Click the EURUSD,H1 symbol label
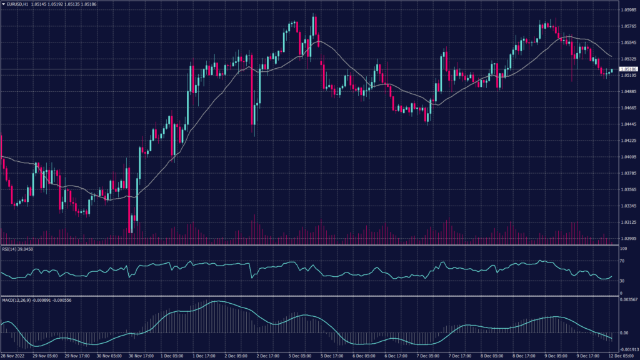[21, 4]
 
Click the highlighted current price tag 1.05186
[627, 69]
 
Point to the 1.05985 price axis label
[627, 10]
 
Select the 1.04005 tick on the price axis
[627, 157]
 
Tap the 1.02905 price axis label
[627, 238]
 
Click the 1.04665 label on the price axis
[627, 108]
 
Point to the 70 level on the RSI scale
[621, 261]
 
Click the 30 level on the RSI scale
[621, 281]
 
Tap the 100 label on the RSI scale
[622, 249]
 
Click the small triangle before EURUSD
[3, 4]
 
